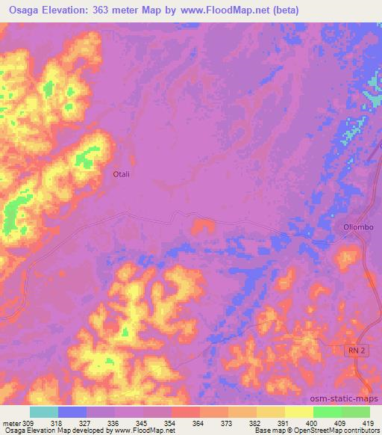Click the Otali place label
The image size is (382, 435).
(x=122, y=173)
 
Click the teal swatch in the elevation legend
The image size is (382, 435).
(x=44, y=412)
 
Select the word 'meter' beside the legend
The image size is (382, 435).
(x=10, y=422)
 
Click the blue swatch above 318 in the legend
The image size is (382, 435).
(x=72, y=412)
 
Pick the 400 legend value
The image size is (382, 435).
(x=299, y=422)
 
